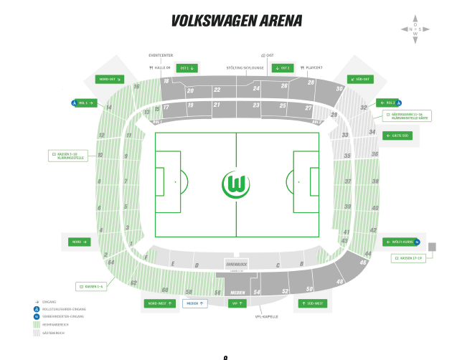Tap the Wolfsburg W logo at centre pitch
click(236, 184)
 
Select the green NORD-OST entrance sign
click(109, 79)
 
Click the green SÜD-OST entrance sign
click(361, 79)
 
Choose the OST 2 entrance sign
click(283, 68)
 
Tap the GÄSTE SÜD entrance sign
click(398, 135)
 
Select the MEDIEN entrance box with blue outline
click(194, 303)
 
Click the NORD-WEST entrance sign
click(160, 303)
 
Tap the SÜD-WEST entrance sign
click(312, 303)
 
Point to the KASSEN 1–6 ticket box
click(93, 286)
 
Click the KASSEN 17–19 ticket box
click(408, 258)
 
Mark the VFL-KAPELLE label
click(266, 316)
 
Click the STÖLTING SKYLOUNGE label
click(245, 68)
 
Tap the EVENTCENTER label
click(161, 55)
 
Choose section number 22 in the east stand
click(217, 90)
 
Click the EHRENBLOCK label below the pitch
click(236, 265)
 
